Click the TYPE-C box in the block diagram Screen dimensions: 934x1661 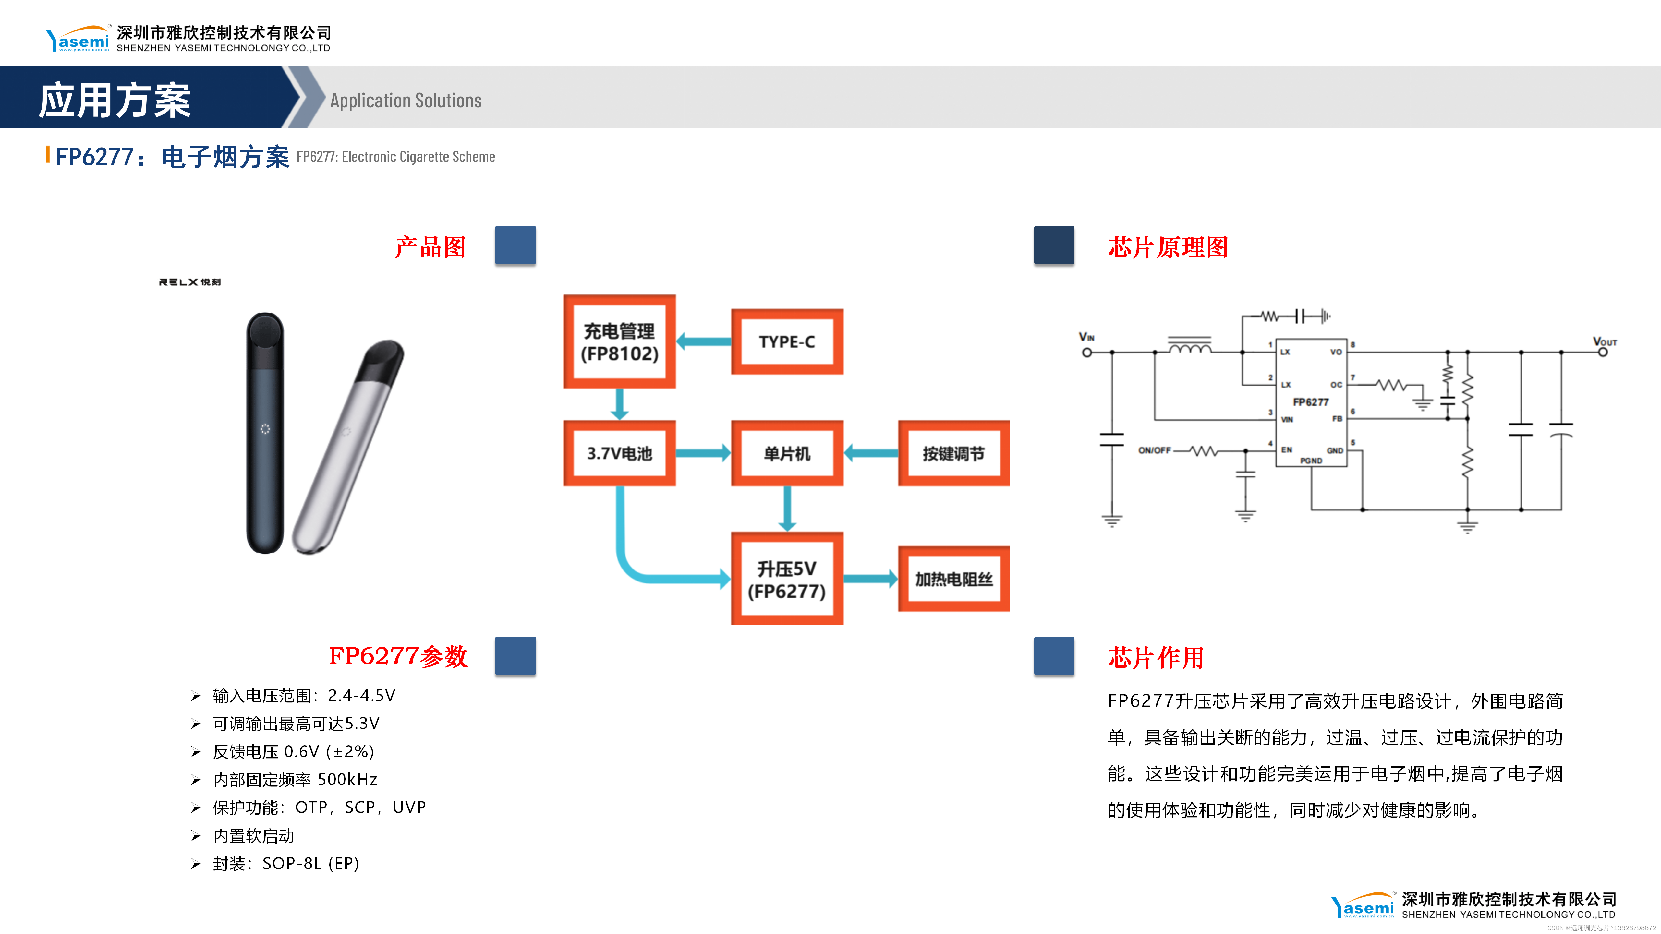click(787, 341)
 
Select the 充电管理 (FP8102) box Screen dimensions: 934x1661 click(619, 341)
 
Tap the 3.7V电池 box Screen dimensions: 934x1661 click(619, 453)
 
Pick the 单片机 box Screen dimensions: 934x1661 click(787, 453)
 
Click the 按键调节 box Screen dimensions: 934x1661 click(954, 453)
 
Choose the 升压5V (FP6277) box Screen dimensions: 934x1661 click(787, 579)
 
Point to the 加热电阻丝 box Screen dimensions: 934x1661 click(954, 579)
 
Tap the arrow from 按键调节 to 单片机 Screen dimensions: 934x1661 click(870, 453)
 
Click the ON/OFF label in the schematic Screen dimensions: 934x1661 click(1154, 450)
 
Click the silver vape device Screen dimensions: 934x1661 click(348, 445)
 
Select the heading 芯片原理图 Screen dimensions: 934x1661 click(1168, 247)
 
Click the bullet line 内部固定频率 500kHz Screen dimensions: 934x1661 click(295, 779)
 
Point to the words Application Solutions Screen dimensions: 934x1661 click(406, 101)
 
